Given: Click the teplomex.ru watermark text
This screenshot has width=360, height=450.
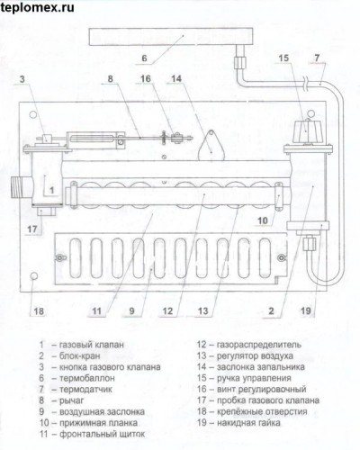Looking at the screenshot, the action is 38,7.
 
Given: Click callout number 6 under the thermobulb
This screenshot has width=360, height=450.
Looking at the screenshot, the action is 144,58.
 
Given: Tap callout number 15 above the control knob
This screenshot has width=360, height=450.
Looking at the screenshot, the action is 283,58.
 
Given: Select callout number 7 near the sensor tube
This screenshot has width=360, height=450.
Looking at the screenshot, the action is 318,58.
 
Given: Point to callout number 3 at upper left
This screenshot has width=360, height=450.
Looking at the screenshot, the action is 22,79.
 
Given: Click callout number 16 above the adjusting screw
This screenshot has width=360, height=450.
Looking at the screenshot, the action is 146,79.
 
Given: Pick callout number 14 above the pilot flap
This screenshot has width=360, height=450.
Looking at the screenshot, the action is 176,79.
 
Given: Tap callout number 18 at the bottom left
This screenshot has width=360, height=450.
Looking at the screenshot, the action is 39,311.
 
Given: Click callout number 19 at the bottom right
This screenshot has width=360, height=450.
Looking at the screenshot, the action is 306,310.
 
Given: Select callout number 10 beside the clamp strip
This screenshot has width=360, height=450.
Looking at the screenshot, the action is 263,220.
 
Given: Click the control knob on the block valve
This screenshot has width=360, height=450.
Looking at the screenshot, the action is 308,132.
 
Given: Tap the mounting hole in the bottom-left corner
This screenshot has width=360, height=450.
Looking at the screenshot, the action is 34,276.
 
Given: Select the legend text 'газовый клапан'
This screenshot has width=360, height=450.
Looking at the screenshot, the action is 92,345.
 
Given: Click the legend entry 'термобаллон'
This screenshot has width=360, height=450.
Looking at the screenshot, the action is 87,378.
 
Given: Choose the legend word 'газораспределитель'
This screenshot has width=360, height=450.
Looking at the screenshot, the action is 259,345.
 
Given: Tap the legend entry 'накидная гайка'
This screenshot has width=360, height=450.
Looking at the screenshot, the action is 248,423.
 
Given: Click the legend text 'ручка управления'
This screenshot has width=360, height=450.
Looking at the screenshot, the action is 254,378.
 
